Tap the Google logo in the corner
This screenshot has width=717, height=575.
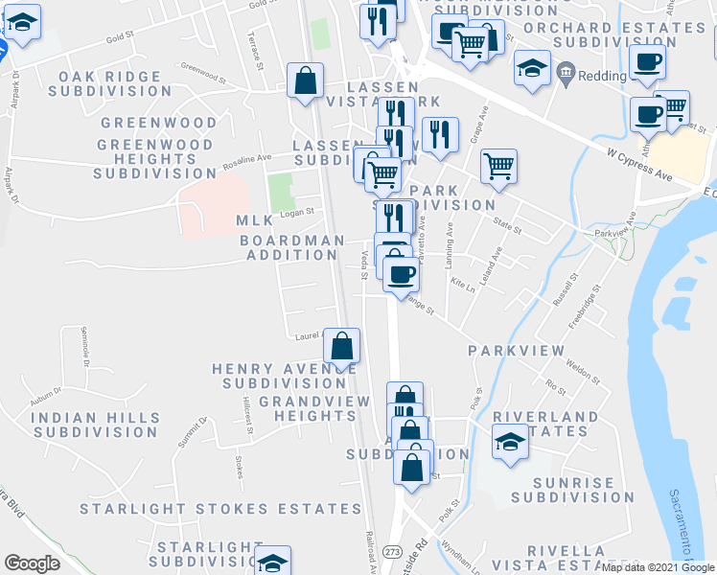point(32,563)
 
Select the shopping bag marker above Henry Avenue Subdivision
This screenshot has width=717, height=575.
point(342,346)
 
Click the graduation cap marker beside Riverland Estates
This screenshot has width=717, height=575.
point(511,442)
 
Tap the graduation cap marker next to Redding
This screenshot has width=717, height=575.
point(530,68)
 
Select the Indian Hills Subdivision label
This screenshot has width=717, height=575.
point(94,425)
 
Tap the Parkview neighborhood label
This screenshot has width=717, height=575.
point(517,351)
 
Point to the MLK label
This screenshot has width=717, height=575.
point(254,221)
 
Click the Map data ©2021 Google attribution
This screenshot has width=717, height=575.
point(658,567)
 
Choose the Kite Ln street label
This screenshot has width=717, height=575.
point(462,285)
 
